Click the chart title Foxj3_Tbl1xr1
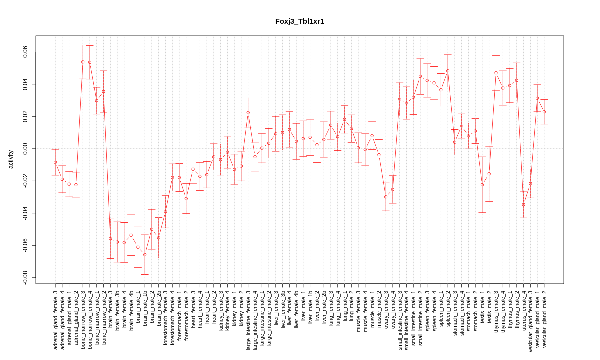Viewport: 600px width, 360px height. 300,21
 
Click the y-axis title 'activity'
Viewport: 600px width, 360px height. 11,159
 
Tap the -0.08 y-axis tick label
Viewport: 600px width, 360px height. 25,277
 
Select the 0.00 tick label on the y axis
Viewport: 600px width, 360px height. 25,149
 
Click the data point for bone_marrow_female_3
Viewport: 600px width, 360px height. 83,62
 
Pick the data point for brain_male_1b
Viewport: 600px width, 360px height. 145,255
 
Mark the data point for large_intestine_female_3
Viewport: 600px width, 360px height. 248,113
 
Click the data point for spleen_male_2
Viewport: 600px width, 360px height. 448,71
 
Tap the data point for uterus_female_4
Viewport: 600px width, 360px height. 524,205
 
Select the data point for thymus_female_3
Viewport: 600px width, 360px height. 496,73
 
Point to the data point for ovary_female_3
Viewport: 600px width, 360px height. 386,197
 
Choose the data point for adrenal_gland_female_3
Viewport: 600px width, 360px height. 55,162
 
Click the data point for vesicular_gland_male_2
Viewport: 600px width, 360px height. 544,112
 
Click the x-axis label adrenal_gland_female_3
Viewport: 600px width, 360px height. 55,319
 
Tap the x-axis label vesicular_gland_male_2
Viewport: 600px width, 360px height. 544,319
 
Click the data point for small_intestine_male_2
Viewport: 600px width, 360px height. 420,77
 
